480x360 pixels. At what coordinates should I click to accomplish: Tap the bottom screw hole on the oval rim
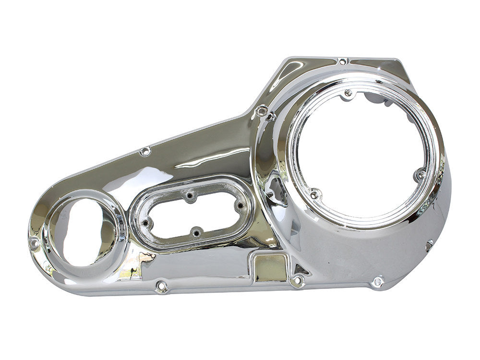click(x=195, y=233)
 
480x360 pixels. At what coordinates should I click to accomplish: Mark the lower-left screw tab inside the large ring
click(x=314, y=194)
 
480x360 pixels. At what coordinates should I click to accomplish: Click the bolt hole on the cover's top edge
click(x=342, y=61)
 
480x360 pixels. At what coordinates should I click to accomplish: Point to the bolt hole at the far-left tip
click(x=34, y=243)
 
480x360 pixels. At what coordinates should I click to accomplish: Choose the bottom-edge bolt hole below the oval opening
click(x=161, y=287)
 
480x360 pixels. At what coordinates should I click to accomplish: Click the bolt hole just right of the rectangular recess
click(x=298, y=280)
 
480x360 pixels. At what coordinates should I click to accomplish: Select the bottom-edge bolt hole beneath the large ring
click(x=378, y=281)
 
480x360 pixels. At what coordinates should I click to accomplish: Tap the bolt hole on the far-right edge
click(x=429, y=245)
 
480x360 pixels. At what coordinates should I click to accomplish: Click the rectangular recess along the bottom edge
click(x=269, y=264)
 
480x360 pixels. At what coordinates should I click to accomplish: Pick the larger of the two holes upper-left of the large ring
click(x=262, y=111)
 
